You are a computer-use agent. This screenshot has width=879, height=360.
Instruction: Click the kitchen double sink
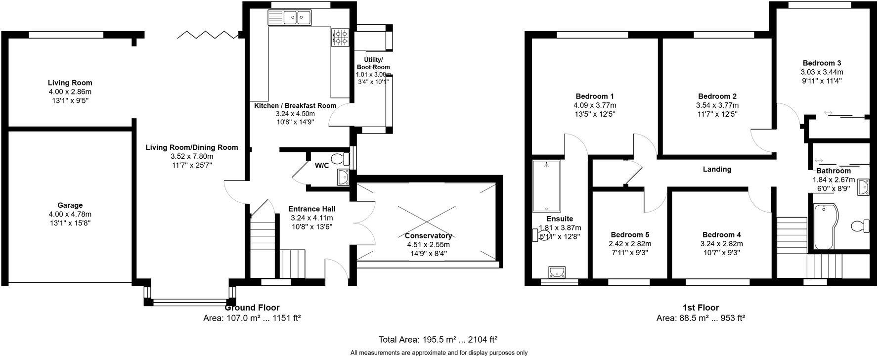297,18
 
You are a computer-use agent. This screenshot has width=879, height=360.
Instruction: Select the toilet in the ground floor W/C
339,159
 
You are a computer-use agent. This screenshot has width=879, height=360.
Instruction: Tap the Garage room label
70,205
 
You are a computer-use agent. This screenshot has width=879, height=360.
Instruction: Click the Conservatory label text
428,236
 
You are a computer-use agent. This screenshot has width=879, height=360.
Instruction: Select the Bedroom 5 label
630,235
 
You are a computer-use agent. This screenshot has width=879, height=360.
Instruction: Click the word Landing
717,169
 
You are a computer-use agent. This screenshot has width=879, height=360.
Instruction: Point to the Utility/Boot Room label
373,63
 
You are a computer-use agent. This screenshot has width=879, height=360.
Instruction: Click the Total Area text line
438,340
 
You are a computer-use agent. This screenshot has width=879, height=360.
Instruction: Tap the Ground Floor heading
252,308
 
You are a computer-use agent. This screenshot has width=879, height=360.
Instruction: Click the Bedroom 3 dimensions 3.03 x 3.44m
822,72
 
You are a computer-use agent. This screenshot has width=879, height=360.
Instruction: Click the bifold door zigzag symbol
208,34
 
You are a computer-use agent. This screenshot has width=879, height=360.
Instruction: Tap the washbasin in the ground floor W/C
343,177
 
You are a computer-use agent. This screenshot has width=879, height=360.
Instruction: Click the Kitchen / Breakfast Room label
295,105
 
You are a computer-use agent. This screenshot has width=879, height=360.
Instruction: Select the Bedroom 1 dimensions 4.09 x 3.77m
595,105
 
